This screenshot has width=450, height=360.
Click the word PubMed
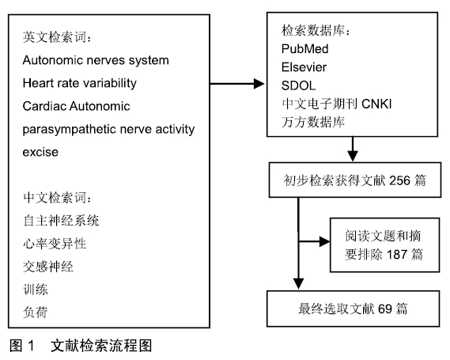point(304,49)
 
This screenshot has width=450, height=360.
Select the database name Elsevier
point(304,67)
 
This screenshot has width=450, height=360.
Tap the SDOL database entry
point(298,85)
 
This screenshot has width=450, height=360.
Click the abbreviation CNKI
point(376,104)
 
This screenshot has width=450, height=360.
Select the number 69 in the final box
point(385,309)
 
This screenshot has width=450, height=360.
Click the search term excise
point(40,152)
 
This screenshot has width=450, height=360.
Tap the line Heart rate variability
point(80,83)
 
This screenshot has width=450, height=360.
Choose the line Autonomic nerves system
point(96,60)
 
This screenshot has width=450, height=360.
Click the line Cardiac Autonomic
point(77,106)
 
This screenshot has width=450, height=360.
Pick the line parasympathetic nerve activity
point(108,129)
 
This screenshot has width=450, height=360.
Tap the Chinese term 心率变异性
point(55,244)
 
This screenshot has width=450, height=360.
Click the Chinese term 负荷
point(36,312)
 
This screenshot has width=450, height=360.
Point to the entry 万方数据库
point(313,122)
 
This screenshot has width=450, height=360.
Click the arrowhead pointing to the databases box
point(259,84)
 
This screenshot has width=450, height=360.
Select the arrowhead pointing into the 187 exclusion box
point(325,241)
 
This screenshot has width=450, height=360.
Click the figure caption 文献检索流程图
point(101,345)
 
